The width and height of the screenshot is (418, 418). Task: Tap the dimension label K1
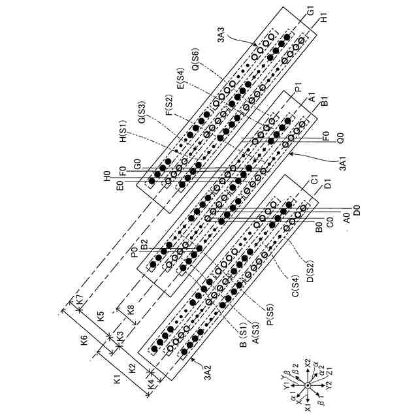[118, 379]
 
